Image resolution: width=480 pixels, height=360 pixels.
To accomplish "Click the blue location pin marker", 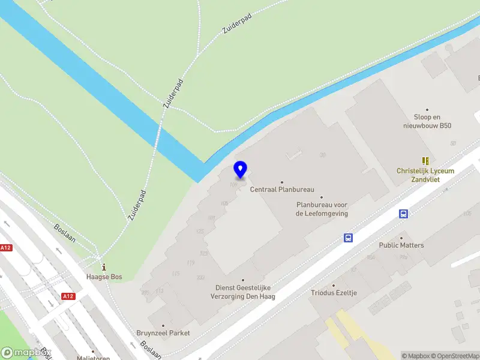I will point(241,169).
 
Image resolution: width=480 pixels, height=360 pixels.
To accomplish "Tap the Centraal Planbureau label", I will point(282,190).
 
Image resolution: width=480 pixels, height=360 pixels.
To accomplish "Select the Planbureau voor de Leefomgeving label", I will point(322,209).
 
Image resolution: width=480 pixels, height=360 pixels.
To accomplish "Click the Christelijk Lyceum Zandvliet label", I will point(425,175).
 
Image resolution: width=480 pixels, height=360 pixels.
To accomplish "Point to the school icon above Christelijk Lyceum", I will point(425,160).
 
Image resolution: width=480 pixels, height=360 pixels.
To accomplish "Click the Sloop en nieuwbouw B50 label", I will point(428,121).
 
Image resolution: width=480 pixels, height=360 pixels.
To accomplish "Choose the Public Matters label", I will point(401,245).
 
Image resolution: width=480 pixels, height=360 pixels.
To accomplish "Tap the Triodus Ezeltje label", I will point(334,293).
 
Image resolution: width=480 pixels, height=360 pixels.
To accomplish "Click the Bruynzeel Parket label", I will point(163,333).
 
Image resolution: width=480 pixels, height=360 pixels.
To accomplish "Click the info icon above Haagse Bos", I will point(104,266).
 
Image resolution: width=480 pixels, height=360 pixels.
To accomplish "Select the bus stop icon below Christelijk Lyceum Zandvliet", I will point(404,214).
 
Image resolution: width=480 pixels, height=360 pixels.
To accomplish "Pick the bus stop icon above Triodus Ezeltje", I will point(348,238).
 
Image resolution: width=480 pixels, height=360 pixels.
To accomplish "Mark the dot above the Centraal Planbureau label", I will point(282,182).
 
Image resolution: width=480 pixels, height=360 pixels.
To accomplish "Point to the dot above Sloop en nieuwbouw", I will point(428,110).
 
